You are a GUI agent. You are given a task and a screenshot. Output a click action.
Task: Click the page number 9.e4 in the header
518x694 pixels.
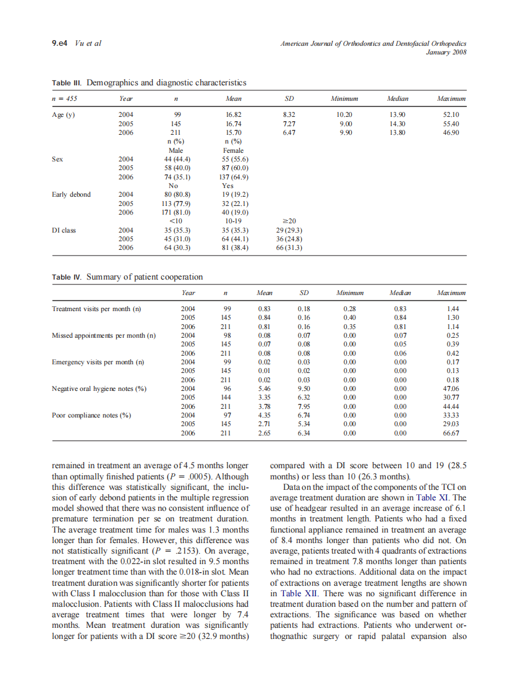pyautogui.click(x=62, y=43)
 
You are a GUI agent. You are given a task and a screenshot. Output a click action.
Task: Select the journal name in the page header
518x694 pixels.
pyautogui.click(x=373, y=43)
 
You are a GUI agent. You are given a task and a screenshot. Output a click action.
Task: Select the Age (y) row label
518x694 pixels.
pyautogui.click(x=64, y=115)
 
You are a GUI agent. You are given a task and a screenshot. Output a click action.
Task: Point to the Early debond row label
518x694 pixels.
pyautogui.click(x=71, y=194)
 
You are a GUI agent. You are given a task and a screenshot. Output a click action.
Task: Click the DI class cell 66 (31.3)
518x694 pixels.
pyautogui.click(x=289, y=247)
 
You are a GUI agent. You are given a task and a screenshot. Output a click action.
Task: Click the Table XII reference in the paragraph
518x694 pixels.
pyautogui.click(x=302, y=592)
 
